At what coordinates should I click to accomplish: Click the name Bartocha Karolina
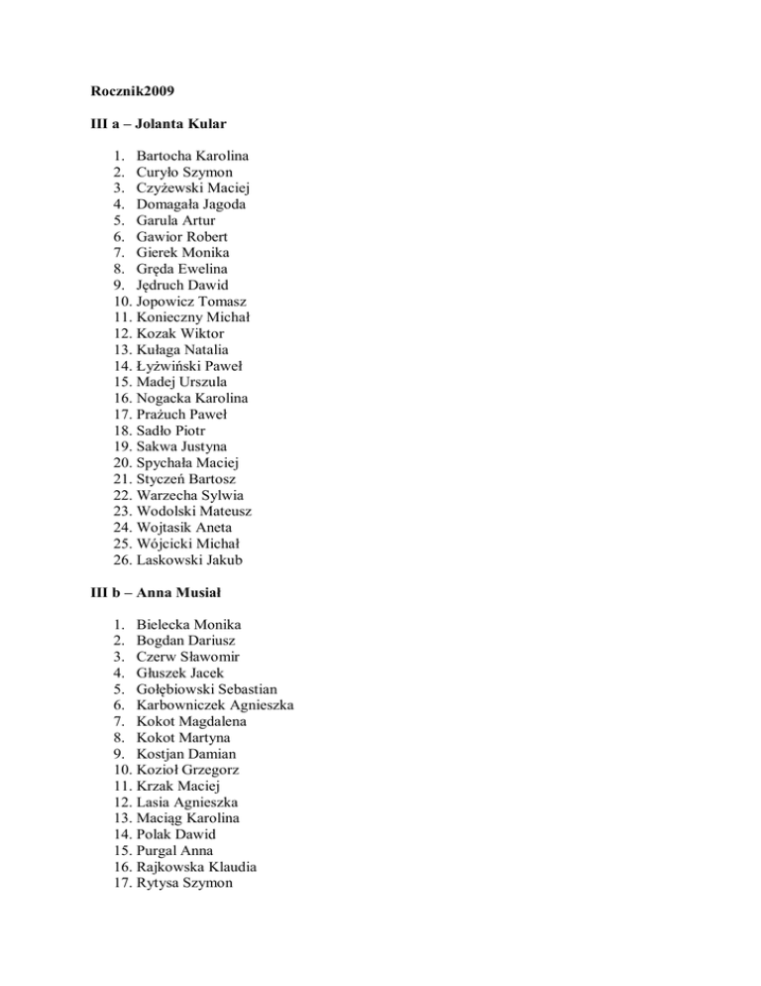tap(193, 157)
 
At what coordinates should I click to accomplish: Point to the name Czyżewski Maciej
tap(192, 188)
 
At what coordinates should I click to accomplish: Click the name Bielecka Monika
tap(189, 625)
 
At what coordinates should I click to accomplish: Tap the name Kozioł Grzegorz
tap(188, 770)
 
